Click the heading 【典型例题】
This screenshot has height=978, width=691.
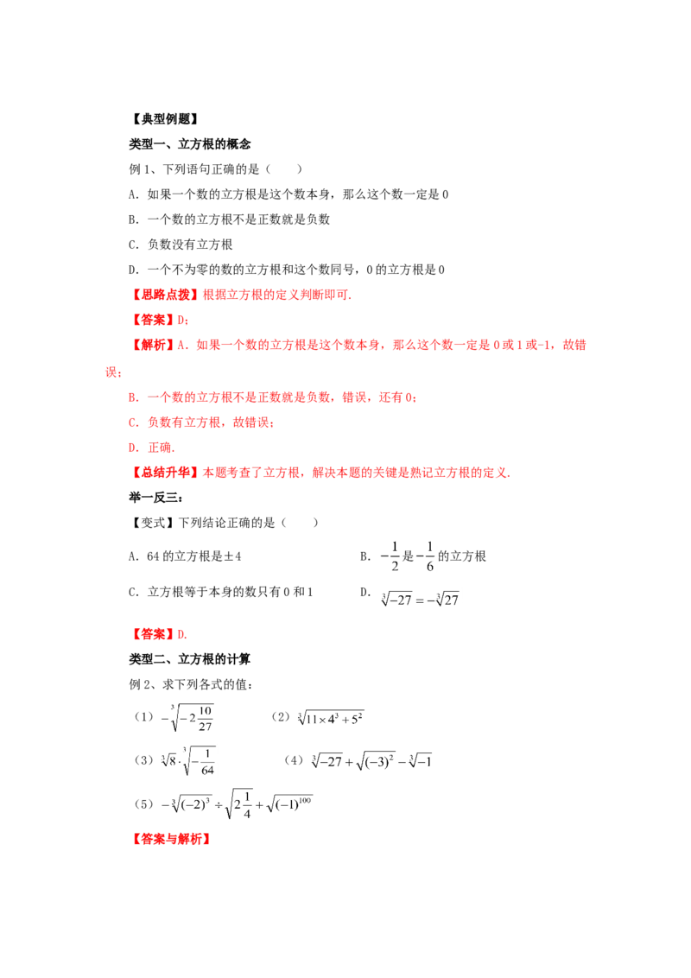pos(165,119)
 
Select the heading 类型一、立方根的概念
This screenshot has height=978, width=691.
pos(189,144)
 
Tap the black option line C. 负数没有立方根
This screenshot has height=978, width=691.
pos(181,244)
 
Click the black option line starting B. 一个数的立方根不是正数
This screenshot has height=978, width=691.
pos(229,219)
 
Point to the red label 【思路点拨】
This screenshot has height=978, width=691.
pos(165,295)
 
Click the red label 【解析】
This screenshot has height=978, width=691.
pos(152,345)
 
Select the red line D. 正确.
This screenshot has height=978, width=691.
pos(151,448)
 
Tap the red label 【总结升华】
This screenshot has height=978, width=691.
pos(165,473)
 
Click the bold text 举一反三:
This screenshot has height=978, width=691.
pos(156,497)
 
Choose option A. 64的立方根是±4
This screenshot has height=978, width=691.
pos(185,556)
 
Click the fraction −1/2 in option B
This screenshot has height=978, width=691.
pos(390,556)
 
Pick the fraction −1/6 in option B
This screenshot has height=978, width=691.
pos(425,556)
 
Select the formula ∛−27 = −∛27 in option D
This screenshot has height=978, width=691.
pos(420,600)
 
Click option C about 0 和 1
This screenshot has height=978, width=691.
pos(221,592)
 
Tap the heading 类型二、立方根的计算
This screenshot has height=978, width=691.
pos(189,659)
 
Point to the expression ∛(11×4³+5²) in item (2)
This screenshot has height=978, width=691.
pos(331,718)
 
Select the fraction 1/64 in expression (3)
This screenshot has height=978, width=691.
pos(207,762)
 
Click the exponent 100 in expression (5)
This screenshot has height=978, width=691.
pos(305,800)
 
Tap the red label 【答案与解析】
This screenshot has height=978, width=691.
pos(171,839)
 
